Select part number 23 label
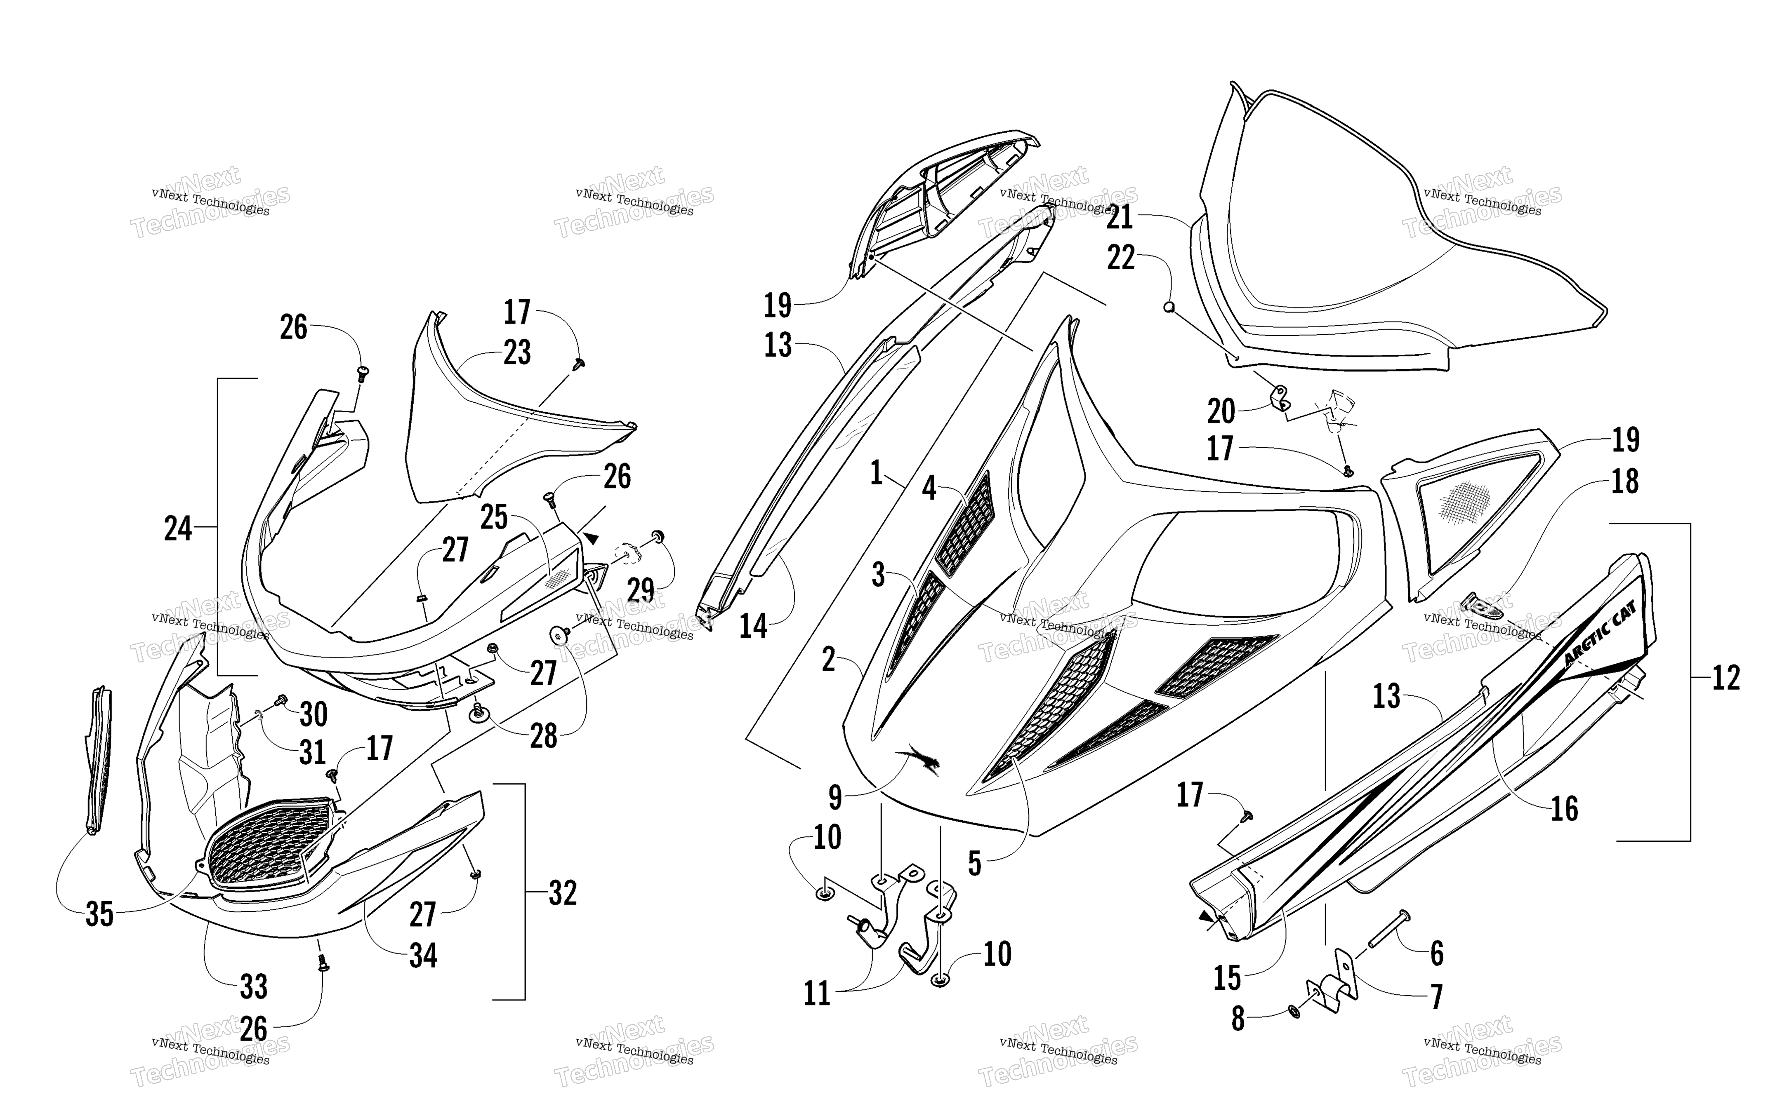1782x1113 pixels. click(517, 352)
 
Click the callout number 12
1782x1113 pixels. click(1726, 677)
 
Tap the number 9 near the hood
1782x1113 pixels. click(835, 796)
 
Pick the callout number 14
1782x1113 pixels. click(753, 627)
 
